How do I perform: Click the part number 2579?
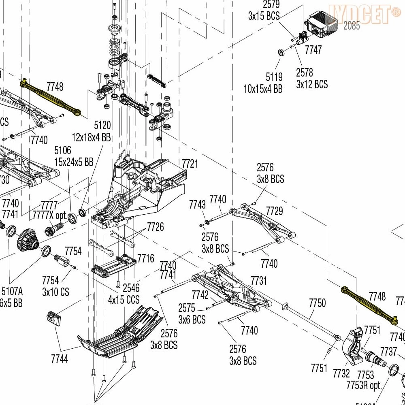271,5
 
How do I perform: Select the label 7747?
313,50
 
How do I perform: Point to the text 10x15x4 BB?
263,89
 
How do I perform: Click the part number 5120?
102,125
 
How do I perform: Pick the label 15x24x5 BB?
74,162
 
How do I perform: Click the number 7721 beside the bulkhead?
190,164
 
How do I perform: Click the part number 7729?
275,211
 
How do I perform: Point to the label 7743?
197,205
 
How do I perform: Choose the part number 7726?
156,226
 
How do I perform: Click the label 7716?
146,258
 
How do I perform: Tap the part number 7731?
259,280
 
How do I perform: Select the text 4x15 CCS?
124,300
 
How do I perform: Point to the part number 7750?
317,303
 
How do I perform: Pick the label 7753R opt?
364,385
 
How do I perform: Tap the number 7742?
200,294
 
